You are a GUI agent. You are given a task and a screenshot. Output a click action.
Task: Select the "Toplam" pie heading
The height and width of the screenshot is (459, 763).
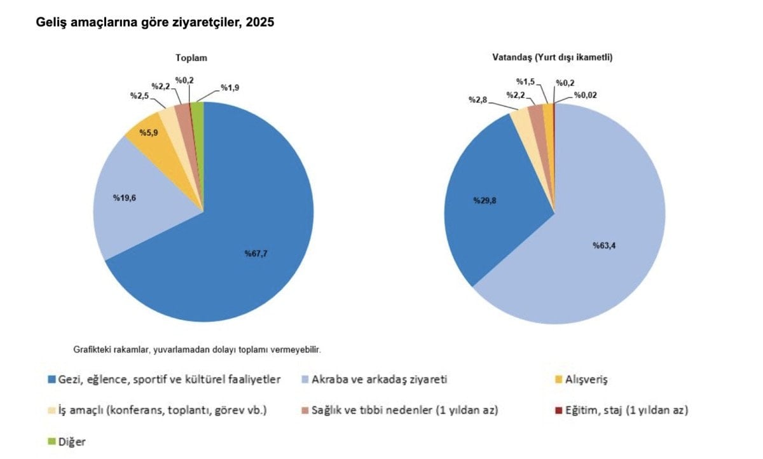tap(191, 58)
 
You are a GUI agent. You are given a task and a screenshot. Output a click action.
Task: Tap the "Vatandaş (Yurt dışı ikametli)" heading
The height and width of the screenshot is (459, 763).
tap(552, 57)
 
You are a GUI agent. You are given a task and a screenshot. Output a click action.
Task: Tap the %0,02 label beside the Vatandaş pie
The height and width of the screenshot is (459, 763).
tap(586, 95)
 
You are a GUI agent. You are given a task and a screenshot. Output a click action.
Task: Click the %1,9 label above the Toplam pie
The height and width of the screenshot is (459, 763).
tap(231, 87)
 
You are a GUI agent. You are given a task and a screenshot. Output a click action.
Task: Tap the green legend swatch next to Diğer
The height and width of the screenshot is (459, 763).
tap(52, 442)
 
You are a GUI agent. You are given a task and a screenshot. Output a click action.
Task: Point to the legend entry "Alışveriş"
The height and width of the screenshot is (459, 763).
tap(586, 380)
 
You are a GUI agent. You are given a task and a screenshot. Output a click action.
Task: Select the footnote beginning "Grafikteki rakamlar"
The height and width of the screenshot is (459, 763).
tap(197, 350)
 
